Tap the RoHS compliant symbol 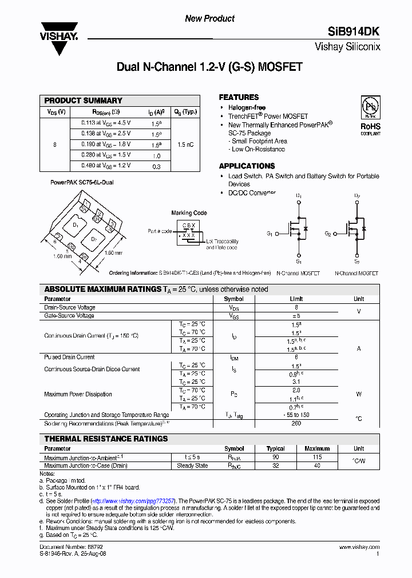(x=370, y=115)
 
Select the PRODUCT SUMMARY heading (x=84, y=101)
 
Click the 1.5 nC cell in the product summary (x=185, y=144)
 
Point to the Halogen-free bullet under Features (x=247, y=108)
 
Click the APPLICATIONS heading (x=247, y=166)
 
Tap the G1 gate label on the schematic (x=270, y=234)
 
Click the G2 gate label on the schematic (x=328, y=234)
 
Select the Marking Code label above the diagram (x=189, y=213)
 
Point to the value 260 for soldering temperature (x=296, y=424)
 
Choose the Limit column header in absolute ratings (x=296, y=299)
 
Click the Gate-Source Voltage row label (x=69, y=316)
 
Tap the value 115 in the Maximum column (x=317, y=457)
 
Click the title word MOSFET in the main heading (x=280, y=67)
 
